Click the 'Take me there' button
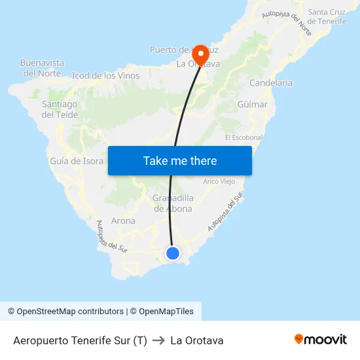pos(180,160)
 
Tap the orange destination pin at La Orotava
pos(200,54)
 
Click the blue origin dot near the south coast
pos(173,253)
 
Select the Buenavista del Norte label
pos(43,68)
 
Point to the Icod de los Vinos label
pos(105,75)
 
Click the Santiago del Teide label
pos(60,109)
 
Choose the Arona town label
pos(123,221)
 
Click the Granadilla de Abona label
pos(173,204)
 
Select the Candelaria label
pos(271,83)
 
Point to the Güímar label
pos(253,105)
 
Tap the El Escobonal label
pos(243,137)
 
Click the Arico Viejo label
pos(219,181)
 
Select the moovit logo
pos(320,340)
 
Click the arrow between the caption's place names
pos(158,340)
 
